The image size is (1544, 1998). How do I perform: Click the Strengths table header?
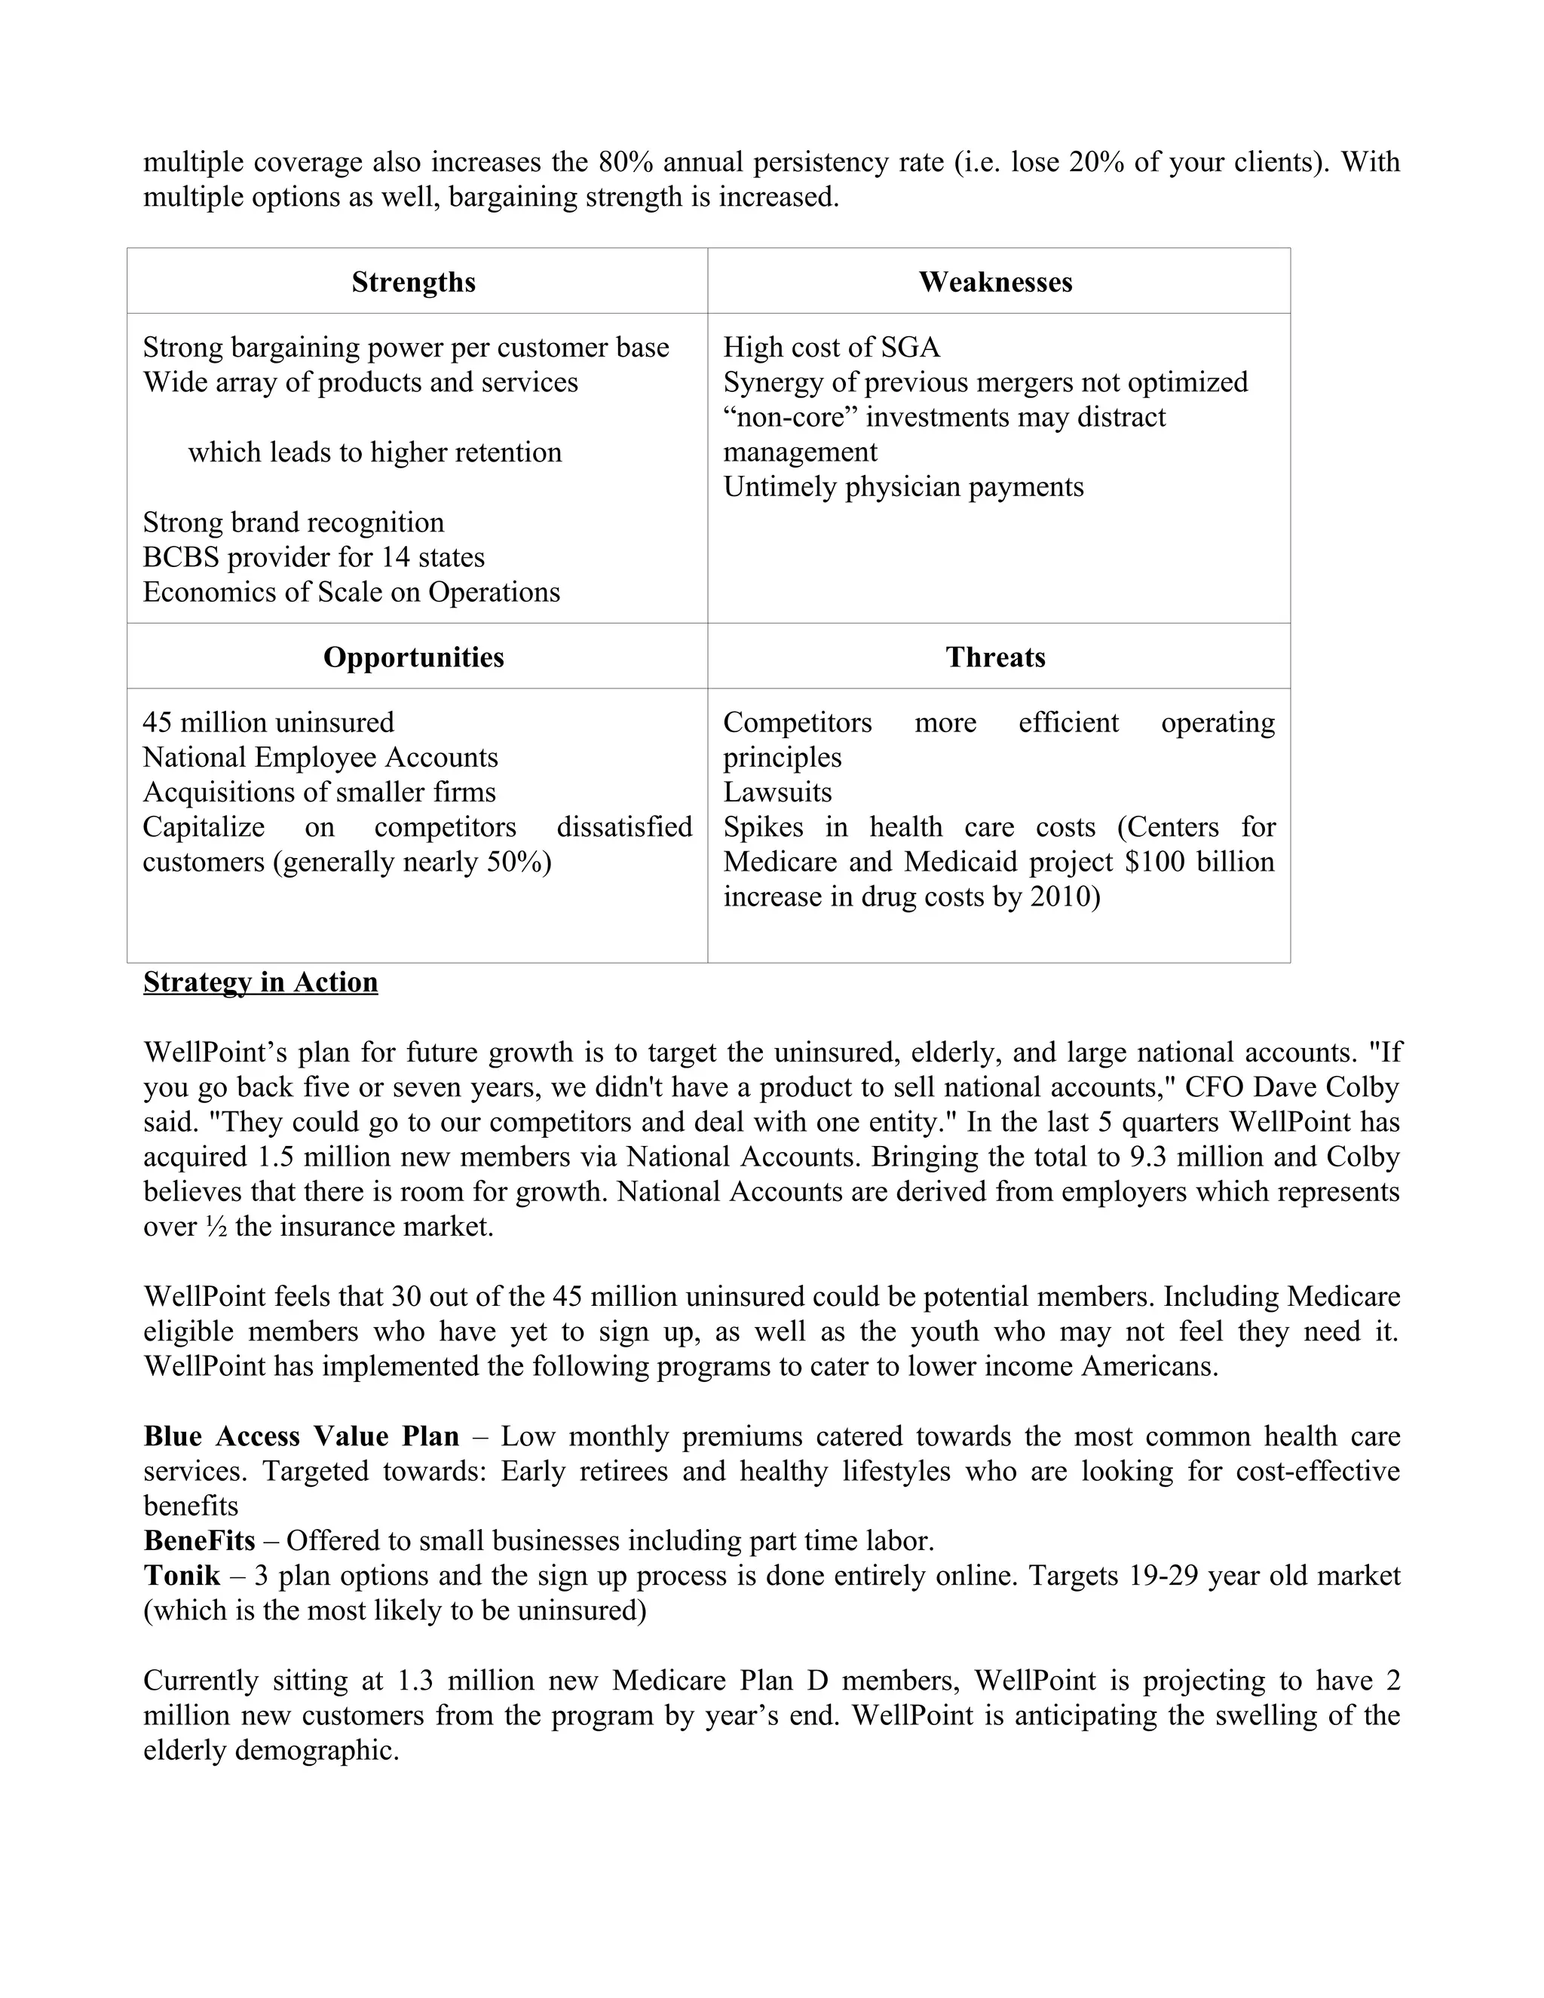(x=413, y=282)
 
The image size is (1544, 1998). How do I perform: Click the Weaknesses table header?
(x=995, y=282)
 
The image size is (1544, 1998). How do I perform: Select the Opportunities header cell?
(x=413, y=657)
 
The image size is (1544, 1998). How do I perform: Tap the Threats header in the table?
(x=995, y=657)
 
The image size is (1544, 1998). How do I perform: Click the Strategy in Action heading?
(x=261, y=982)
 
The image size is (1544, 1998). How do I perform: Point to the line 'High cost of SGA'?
(x=832, y=348)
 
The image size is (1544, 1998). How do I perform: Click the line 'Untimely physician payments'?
(x=902, y=487)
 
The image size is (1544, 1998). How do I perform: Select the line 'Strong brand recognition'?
(x=293, y=522)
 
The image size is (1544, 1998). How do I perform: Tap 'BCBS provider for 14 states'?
(x=314, y=557)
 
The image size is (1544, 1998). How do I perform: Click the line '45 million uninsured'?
(x=268, y=723)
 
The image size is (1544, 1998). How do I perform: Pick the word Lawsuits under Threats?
(x=777, y=792)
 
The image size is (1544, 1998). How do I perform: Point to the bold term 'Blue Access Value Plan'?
(x=301, y=1436)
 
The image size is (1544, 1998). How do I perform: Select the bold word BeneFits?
(x=199, y=1540)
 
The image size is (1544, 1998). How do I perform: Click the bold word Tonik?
(x=182, y=1575)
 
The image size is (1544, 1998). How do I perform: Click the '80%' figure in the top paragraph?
(x=626, y=162)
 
